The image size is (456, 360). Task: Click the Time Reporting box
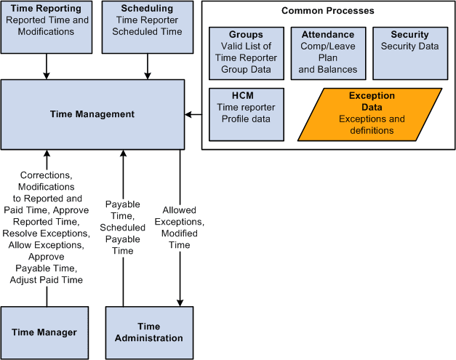coord(47,27)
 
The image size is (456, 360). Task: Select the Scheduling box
coord(148,27)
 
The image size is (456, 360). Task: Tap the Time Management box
coord(92,114)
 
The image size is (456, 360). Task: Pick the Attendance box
coord(327,53)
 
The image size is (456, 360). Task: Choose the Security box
coord(409,53)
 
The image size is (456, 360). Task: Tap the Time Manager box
coord(44,332)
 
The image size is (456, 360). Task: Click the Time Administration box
coord(149,332)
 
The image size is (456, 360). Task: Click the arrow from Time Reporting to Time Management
coord(47,66)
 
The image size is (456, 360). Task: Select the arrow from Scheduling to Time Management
coord(148,66)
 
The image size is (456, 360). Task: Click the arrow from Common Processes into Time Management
coord(193,114)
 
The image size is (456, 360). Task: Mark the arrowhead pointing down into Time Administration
coord(179,301)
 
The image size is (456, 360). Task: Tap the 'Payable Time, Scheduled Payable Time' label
coord(123,227)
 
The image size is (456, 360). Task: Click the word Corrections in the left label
coord(47,175)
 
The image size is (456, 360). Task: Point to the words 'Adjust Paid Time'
coord(47,280)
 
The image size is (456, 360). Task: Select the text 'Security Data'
coord(409,46)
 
